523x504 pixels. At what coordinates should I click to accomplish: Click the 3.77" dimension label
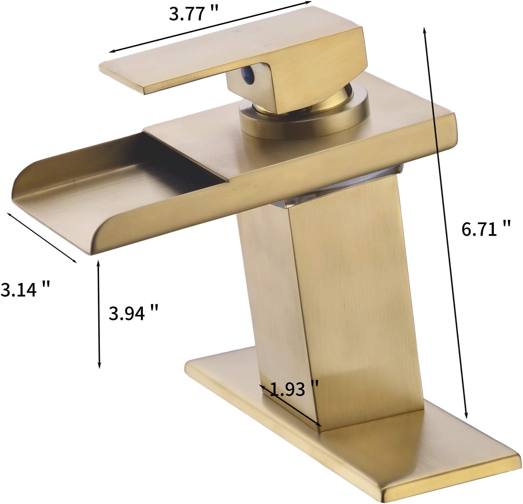(x=193, y=14)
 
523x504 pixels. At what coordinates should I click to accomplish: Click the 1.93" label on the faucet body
(x=294, y=389)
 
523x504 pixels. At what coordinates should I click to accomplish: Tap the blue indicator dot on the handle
(x=251, y=74)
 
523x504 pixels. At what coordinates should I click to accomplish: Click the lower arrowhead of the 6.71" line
(x=465, y=415)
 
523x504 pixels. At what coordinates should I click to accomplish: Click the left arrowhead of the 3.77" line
(x=113, y=51)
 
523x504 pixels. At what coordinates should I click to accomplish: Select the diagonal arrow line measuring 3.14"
(x=42, y=237)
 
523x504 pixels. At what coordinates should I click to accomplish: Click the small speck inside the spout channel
(x=75, y=182)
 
